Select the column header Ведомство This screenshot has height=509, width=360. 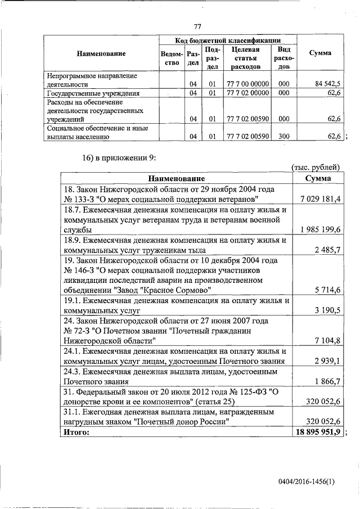pyautogui.click(x=170, y=58)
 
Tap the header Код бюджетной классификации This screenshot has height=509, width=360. pyautogui.click(x=228, y=40)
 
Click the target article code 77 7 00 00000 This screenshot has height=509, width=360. pyautogui.click(x=247, y=84)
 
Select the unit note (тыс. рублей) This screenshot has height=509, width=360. pyautogui.click(x=316, y=168)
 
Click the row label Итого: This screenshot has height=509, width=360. pyautogui.click(x=78, y=432)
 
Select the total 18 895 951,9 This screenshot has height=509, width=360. pyautogui.click(x=318, y=432)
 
